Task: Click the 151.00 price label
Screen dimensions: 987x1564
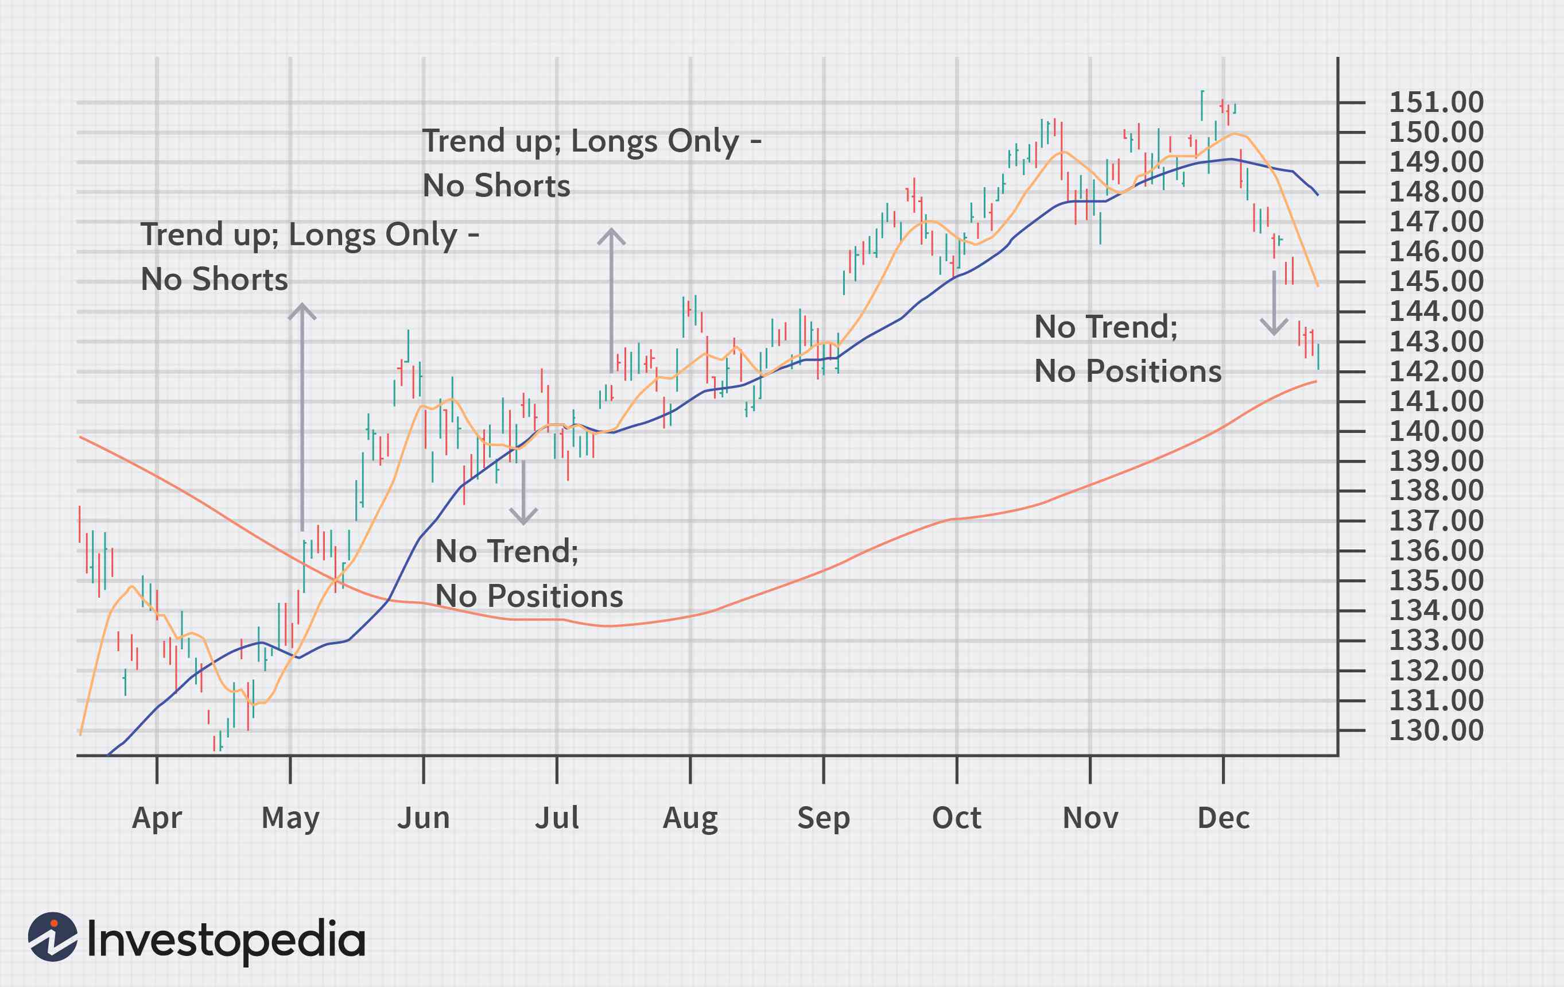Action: (1436, 103)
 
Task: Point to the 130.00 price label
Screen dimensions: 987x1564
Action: (1436, 730)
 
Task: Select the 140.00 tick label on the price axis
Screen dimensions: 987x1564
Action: (1436, 431)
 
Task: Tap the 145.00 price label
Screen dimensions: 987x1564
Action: (1436, 282)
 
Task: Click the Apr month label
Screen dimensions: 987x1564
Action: (157, 818)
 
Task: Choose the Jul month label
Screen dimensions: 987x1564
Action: (557, 818)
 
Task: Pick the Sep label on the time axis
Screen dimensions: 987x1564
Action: (824, 818)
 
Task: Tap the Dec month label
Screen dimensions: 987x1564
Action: (1224, 818)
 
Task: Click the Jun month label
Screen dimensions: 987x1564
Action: (424, 818)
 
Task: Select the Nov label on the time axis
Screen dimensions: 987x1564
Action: (1090, 818)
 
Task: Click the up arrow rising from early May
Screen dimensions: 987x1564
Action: (302, 416)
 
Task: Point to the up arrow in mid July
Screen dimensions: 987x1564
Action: (611, 299)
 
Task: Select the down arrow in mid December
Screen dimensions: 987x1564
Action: (1274, 303)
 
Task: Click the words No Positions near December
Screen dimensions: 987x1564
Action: (1128, 371)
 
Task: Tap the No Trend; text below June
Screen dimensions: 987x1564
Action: (507, 552)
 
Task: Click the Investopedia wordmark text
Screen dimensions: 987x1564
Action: (226, 939)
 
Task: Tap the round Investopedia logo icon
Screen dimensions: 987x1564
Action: (53, 937)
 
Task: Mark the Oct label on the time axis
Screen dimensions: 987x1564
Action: (957, 818)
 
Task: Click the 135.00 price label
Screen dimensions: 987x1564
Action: (1436, 581)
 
